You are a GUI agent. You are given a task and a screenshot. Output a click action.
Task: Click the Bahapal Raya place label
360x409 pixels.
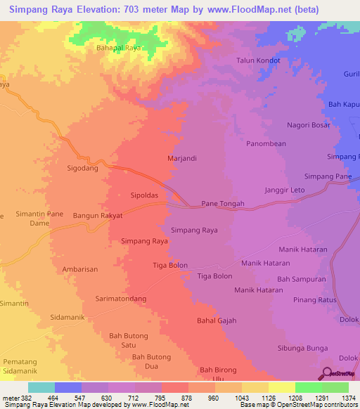click(x=118, y=48)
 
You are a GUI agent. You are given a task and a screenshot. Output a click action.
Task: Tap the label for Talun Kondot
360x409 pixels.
click(x=258, y=60)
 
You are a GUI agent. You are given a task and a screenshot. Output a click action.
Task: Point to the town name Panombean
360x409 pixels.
click(x=266, y=144)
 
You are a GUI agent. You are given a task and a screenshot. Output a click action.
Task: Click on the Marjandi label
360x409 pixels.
click(x=181, y=158)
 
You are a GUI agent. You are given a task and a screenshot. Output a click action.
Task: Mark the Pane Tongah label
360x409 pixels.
click(x=223, y=204)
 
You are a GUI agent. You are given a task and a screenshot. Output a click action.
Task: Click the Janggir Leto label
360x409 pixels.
click(x=284, y=190)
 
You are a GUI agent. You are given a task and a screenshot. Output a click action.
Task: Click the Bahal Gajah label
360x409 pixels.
click(x=217, y=320)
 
